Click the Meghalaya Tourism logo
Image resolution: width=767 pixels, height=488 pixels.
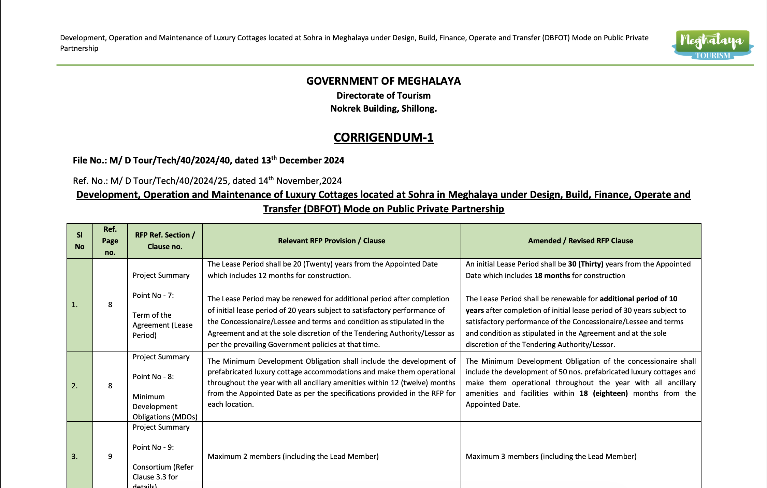712,45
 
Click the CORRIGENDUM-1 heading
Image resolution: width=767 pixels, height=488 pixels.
383,137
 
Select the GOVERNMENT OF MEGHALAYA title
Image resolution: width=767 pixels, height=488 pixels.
383,81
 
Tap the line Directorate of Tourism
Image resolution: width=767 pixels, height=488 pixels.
383,96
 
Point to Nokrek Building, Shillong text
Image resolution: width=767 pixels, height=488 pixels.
383,109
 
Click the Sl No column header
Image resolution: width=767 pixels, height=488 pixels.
79,241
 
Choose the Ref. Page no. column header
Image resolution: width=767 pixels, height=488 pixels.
110,241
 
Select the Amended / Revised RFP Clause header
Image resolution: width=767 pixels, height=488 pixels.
580,241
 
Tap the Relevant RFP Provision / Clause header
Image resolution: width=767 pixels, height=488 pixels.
331,241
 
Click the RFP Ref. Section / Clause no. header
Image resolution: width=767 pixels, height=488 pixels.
165,241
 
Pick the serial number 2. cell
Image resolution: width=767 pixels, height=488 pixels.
75,386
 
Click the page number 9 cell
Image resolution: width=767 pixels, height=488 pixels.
110,456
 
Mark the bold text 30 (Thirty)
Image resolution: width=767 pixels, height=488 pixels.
585,264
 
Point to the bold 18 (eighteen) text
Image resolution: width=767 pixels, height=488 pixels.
603,393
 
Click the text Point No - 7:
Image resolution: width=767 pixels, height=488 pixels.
153,295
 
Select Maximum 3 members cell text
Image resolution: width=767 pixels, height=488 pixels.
551,456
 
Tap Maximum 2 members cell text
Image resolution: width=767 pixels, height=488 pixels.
293,456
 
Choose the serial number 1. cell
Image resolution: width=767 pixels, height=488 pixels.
75,304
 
